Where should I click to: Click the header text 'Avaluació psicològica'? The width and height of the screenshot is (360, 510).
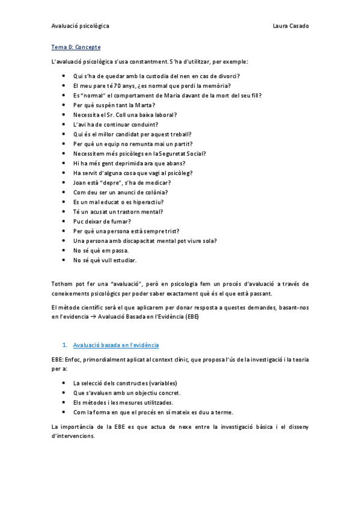(79, 26)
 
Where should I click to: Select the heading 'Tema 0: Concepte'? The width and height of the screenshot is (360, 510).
(76, 47)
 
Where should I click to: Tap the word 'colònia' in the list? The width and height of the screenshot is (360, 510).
(151, 192)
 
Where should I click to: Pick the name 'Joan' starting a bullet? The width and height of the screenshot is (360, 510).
(79, 183)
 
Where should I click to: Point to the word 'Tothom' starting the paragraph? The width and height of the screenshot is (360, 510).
(62, 283)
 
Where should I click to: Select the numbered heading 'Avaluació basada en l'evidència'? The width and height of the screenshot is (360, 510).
(116, 345)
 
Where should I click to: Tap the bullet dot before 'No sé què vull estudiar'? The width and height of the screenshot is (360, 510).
(64, 260)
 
